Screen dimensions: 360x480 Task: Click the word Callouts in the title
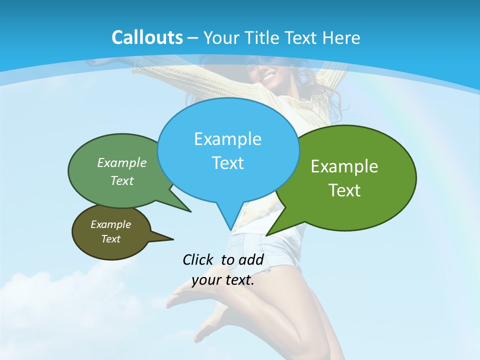147,37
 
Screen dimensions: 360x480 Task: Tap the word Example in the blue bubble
228,139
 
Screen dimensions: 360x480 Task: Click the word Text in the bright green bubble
344,190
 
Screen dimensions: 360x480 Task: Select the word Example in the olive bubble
110,224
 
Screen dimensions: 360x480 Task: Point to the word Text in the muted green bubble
122,181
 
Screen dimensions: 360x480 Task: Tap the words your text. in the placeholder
223,280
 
